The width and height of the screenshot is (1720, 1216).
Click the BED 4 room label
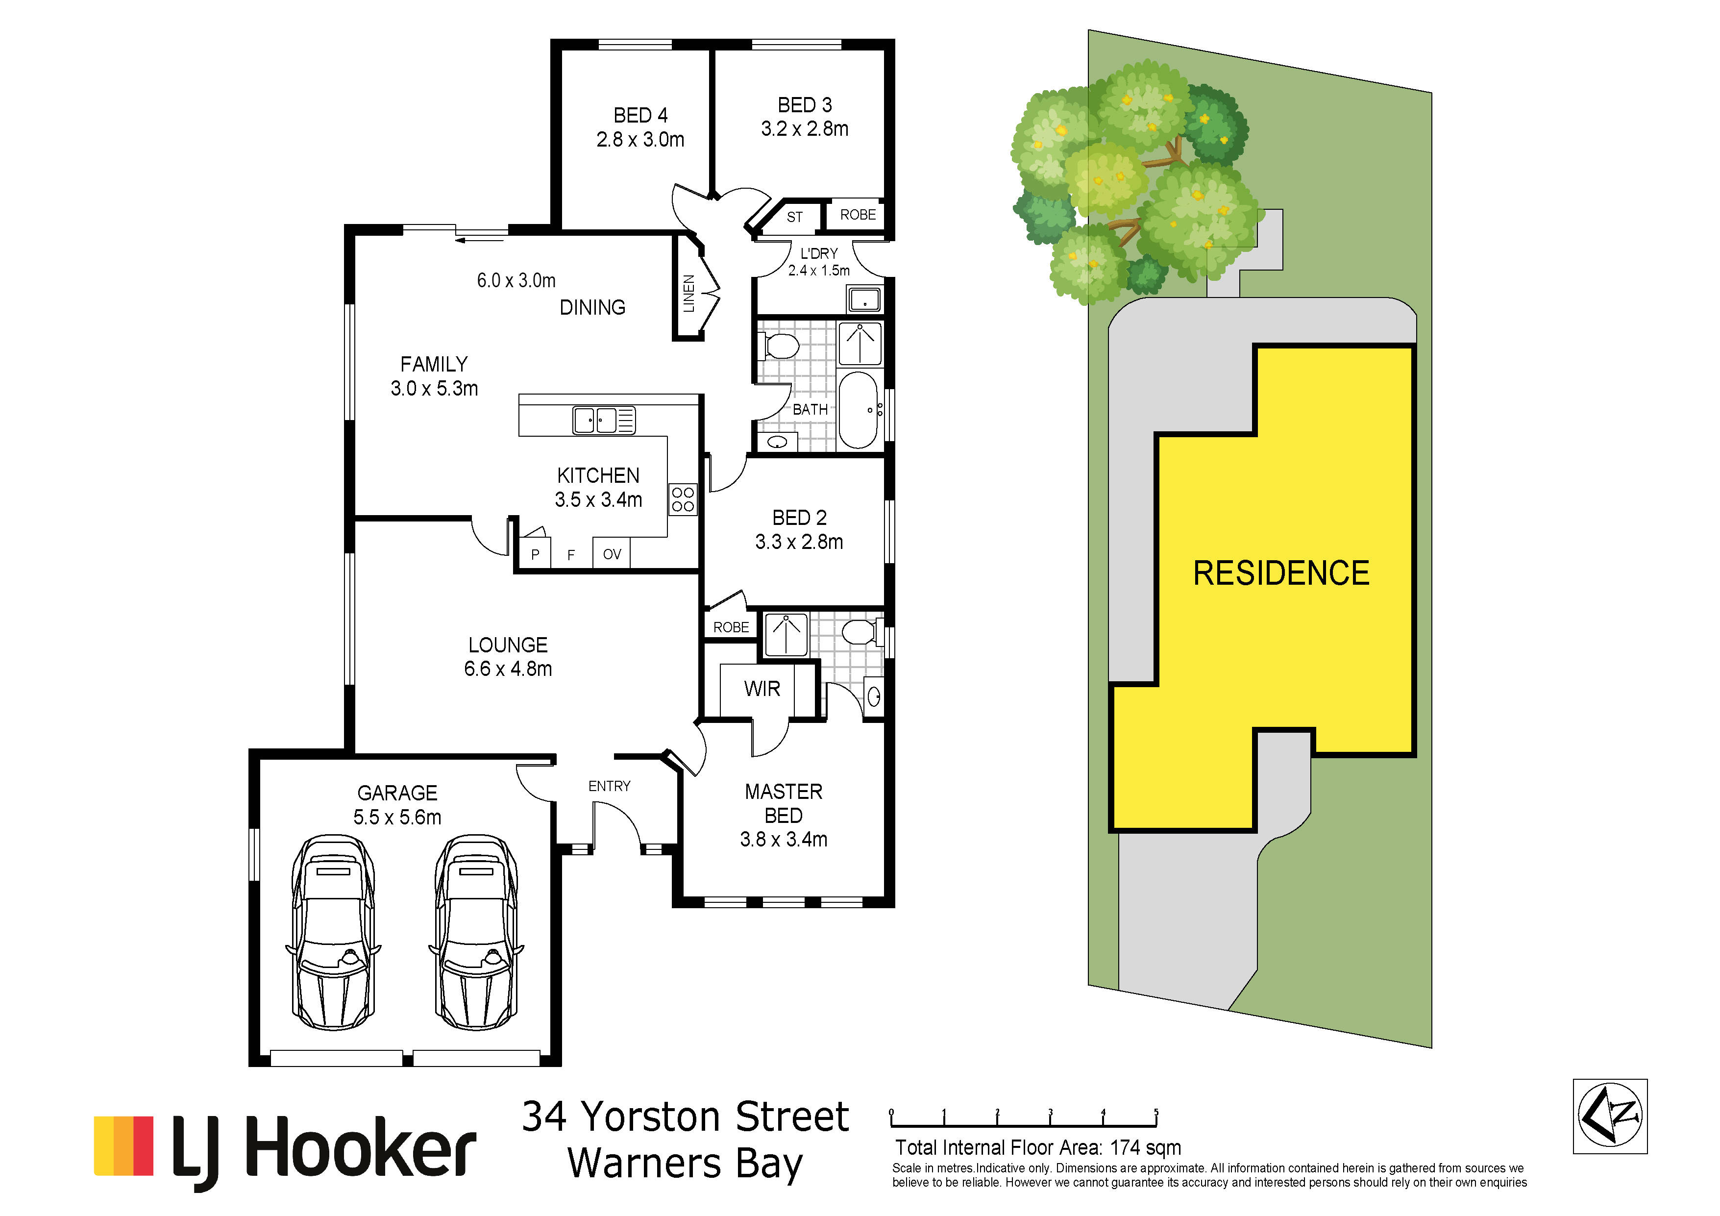point(640,115)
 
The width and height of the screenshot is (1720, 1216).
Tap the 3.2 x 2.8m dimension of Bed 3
point(805,129)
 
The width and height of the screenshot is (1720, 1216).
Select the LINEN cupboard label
point(689,294)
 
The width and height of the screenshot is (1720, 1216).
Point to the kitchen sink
point(604,421)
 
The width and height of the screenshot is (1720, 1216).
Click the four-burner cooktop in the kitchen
point(683,499)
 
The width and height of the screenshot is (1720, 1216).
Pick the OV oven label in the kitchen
point(612,554)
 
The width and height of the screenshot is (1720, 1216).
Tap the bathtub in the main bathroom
point(859,410)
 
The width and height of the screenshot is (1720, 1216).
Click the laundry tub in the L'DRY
point(864,299)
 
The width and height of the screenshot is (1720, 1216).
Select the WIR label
point(762,689)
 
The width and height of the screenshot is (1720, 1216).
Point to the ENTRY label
point(609,786)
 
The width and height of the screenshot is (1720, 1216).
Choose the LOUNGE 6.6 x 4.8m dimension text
point(508,669)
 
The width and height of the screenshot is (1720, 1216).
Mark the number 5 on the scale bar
point(1156,1112)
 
